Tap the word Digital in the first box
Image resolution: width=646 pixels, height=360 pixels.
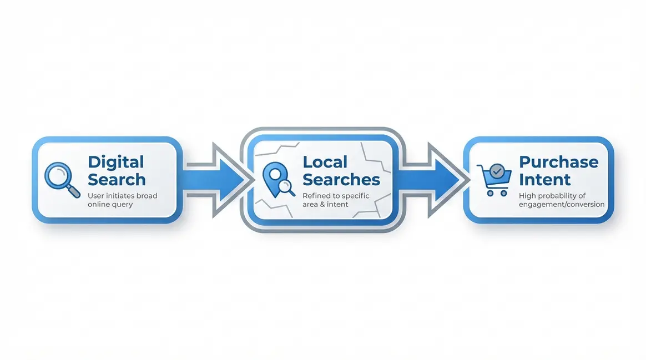(115, 162)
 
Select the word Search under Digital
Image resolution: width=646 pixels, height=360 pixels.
(117, 180)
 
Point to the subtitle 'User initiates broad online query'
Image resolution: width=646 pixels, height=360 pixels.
(122, 200)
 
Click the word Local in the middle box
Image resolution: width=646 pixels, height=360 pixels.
(325, 162)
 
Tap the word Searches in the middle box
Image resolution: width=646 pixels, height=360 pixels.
(341, 180)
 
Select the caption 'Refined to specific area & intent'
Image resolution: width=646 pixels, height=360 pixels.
(336, 200)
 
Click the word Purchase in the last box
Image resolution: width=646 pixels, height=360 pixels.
(558, 162)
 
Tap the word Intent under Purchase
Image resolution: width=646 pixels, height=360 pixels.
(537, 180)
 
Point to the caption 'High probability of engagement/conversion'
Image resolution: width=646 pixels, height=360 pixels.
(561, 200)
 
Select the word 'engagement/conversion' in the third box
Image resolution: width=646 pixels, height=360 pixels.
(561, 204)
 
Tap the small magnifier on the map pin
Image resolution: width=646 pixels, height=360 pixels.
(287, 188)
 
